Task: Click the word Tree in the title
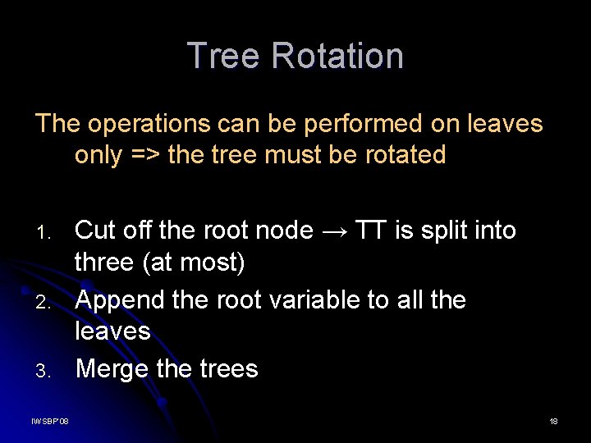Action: click(224, 56)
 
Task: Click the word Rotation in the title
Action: click(337, 56)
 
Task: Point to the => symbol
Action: click(145, 154)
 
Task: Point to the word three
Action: click(103, 263)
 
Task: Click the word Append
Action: click(118, 300)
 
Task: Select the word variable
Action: click(319, 299)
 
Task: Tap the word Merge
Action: click(112, 369)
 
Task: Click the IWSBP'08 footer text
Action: click(50, 421)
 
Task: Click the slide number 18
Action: click(553, 421)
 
